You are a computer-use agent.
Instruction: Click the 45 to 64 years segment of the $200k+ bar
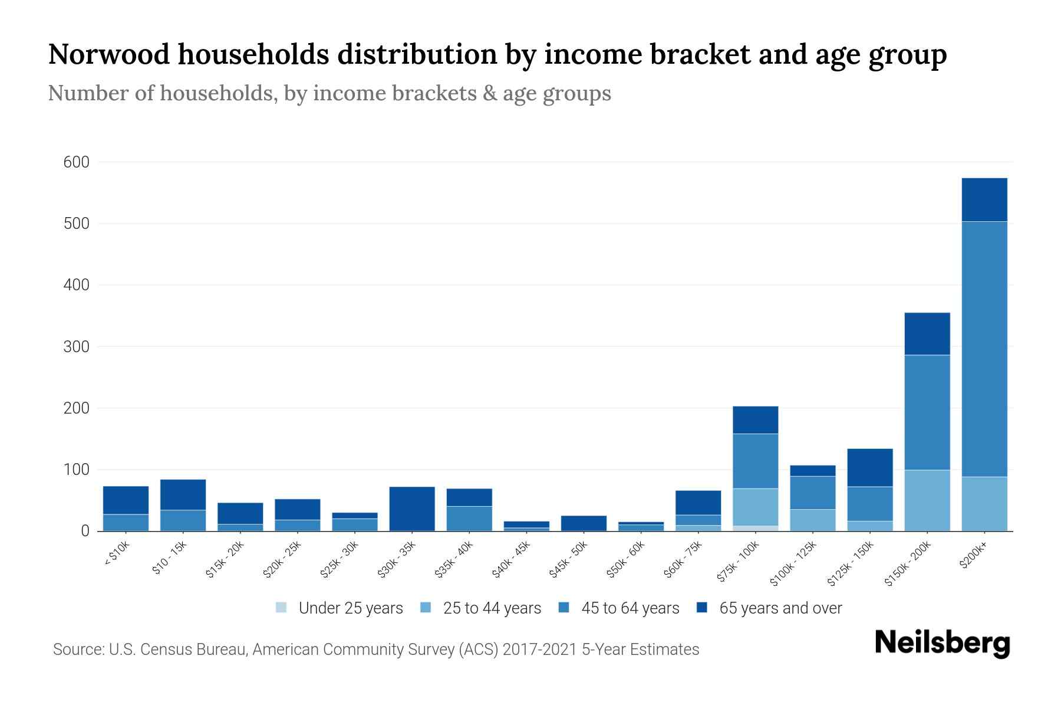click(984, 348)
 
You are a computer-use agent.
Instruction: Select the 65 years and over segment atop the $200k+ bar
click(984, 199)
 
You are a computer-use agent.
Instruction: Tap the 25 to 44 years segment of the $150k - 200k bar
click(927, 500)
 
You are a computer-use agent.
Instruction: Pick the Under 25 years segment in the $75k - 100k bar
click(755, 528)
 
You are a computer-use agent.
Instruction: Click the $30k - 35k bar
click(412, 509)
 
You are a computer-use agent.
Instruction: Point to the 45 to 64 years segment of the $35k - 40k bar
click(469, 519)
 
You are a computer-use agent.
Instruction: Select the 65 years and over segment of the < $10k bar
click(126, 500)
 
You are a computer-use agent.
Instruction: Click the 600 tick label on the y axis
click(76, 162)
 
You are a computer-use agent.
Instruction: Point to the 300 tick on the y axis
click(76, 347)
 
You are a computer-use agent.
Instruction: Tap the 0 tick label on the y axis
click(85, 532)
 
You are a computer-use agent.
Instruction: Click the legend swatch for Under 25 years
click(281, 608)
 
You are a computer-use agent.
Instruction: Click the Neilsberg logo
click(942, 643)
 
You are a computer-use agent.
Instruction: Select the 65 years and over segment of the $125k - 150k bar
click(869, 467)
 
